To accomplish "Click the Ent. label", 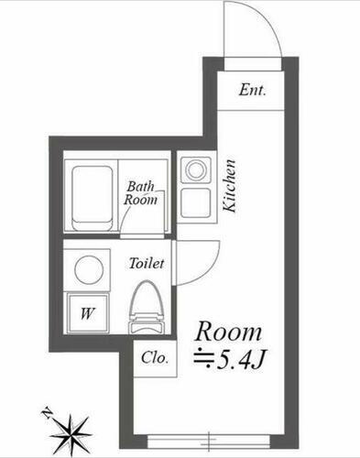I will (253, 90).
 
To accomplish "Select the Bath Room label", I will (142, 191).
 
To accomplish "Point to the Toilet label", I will (146, 263).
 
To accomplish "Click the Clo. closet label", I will (154, 358).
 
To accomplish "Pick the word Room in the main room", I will (230, 331).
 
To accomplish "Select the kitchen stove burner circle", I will (195, 169).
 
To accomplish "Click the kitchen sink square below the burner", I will (195, 202).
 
